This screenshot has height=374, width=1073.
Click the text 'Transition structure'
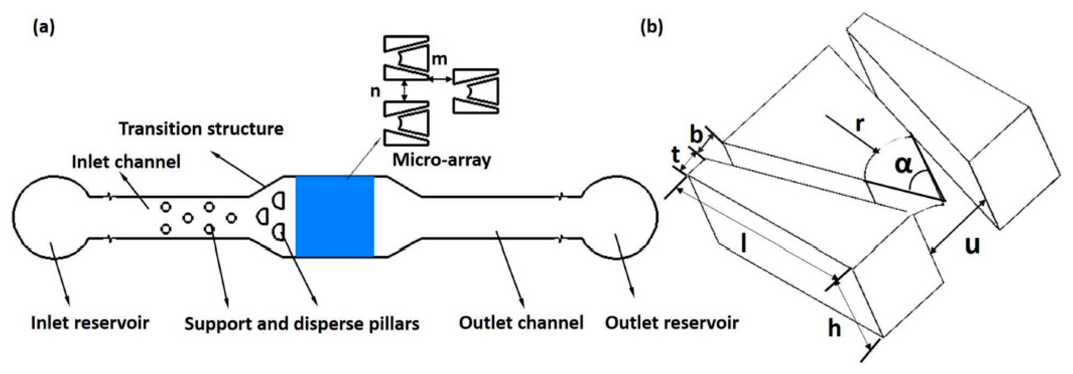pyautogui.click(x=201, y=129)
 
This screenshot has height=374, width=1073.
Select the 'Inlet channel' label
pyautogui.click(x=126, y=161)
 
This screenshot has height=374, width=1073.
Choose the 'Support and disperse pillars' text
pyautogui.click(x=302, y=324)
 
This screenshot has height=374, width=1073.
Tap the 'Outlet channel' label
pyautogui.click(x=521, y=322)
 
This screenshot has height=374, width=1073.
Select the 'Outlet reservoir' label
pyautogui.click(x=672, y=322)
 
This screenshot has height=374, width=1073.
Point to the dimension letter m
pyautogui.click(x=439, y=59)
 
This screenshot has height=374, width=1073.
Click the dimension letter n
pyautogui.click(x=375, y=91)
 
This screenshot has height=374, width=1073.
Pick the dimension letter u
pyautogui.click(x=972, y=245)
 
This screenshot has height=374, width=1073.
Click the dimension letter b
pyautogui.click(x=696, y=135)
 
